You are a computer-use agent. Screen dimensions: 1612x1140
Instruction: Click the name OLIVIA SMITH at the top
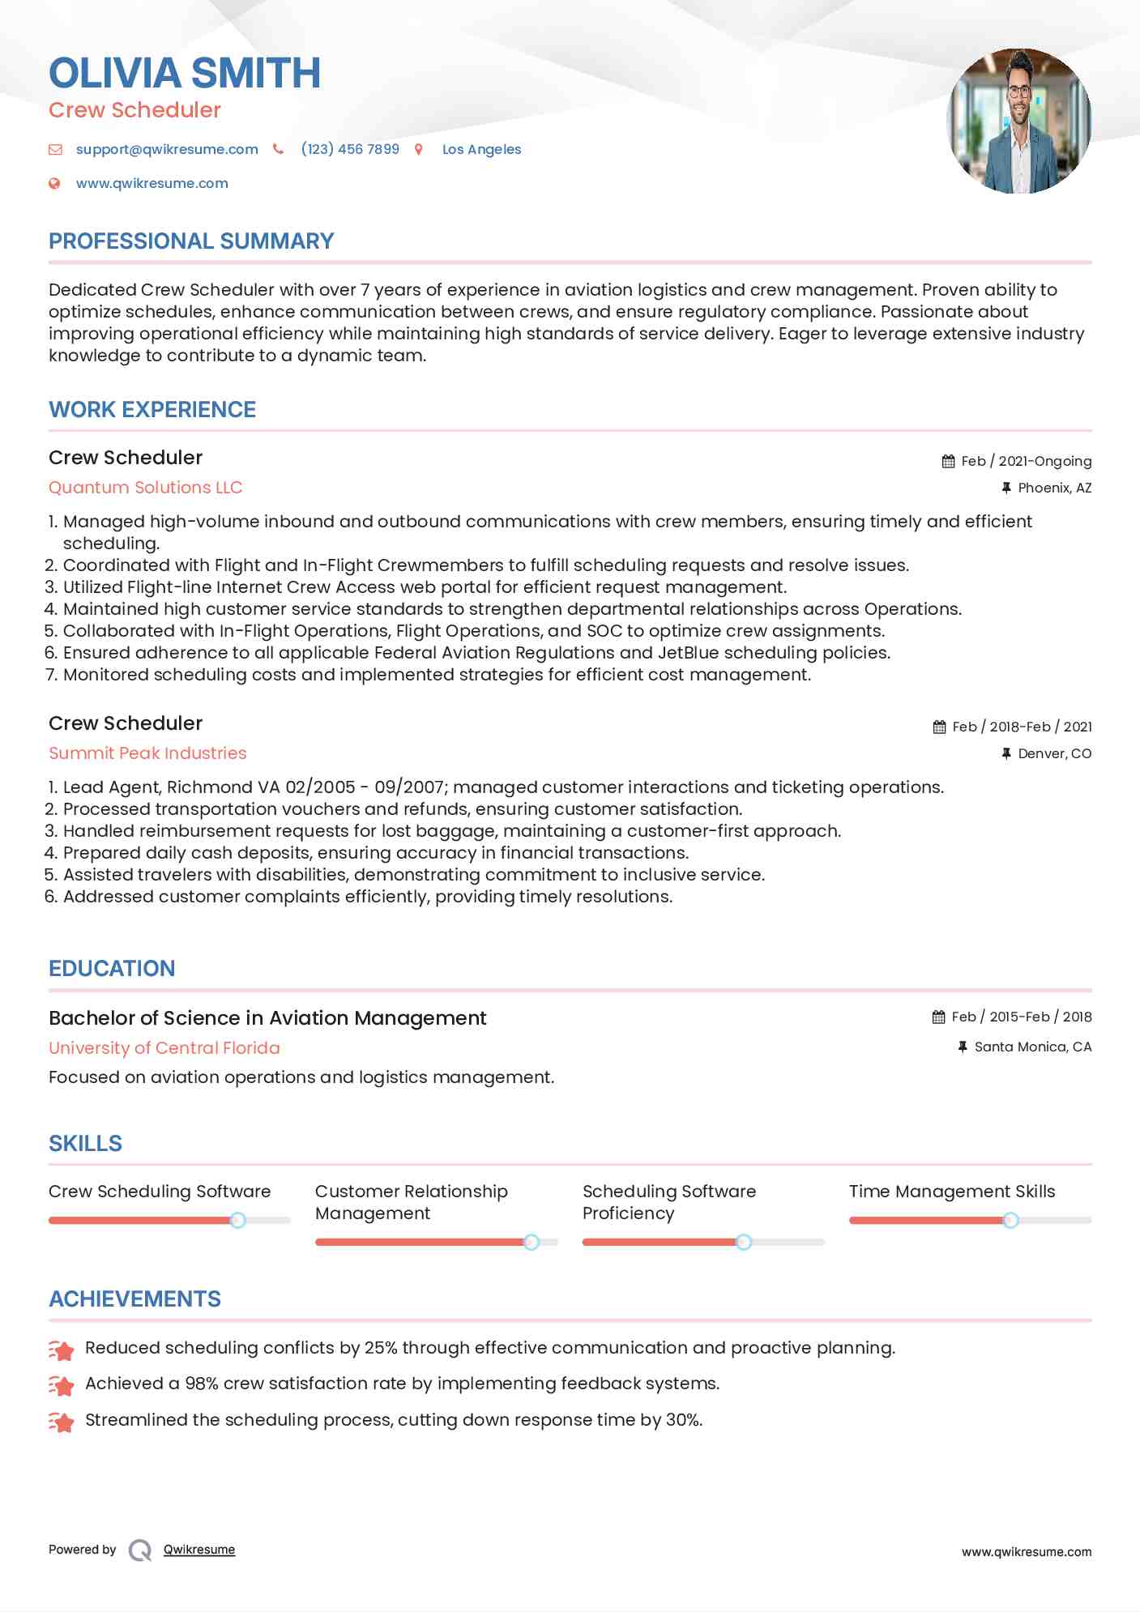click(x=185, y=73)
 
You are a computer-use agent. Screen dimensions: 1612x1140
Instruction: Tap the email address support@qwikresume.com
click(x=167, y=149)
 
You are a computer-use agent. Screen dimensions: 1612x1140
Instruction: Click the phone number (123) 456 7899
click(x=350, y=149)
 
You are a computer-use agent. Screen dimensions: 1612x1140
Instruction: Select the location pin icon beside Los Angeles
click(x=419, y=149)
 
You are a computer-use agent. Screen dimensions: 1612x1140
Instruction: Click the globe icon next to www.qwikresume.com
click(x=54, y=183)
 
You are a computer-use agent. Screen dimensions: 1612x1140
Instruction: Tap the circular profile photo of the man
click(x=1018, y=121)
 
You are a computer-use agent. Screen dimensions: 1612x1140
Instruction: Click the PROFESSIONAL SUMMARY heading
click(x=191, y=241)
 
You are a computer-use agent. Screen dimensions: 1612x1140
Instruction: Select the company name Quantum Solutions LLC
click(x=146, y=488)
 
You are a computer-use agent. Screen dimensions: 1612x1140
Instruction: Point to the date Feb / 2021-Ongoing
click(x=1026, y=461)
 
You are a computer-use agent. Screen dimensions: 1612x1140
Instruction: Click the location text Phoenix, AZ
click(x=1054, y=488)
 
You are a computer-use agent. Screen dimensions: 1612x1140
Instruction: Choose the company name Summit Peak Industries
click(x=147, y=753)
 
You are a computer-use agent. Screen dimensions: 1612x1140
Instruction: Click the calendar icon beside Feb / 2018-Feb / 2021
click(x=939, y=727)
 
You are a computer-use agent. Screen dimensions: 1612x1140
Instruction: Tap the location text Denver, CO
click(x=1054, y=753)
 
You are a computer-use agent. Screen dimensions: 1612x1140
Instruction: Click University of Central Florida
click(x=164, y=1048)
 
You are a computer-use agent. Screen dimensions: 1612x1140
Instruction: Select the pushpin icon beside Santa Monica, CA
click(x=963, y=1047)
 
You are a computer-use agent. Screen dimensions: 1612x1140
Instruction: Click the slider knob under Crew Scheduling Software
click(x=237, y=1220)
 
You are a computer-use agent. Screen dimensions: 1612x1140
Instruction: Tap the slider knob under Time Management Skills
click(x=1010, y=1220)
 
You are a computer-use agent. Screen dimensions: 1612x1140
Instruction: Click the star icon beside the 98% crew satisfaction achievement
click(x=62, y=1385)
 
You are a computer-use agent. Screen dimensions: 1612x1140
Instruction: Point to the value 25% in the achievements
click(x=381, y=1348)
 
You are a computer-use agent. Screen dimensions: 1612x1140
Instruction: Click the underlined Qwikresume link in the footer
click(x=199, y=1550)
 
